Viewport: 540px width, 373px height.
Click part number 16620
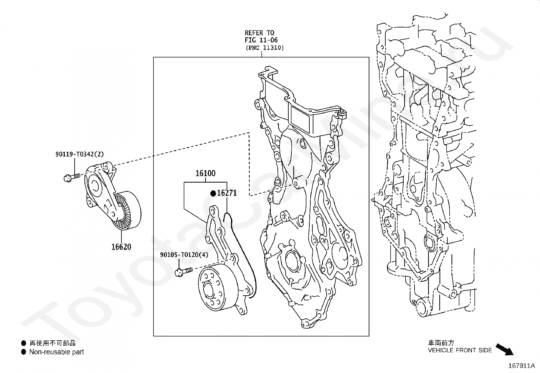coord(121,247)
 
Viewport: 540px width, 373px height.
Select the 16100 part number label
coord(206,173)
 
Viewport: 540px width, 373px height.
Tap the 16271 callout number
coord(227,193)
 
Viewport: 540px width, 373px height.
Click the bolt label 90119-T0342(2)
coord(80,154)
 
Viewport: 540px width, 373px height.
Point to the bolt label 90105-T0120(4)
coord(184,255)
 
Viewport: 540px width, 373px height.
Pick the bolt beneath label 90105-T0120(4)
coord(184,272)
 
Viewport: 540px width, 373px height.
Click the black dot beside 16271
coord(213,193)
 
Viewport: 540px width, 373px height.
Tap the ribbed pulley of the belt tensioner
coord(127,211)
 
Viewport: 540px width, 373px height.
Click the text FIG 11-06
coord(261,40)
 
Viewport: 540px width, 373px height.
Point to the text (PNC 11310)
coord(265,48)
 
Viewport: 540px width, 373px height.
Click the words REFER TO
coord(259,33)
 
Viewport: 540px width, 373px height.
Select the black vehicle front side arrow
coord(505,350)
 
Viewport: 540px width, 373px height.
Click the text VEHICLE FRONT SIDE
coord(460,350)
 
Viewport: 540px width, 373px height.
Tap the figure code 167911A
coord(521,366)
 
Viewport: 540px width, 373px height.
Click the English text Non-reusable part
coord(56,352)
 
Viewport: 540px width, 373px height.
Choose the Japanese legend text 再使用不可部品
coord(52,343)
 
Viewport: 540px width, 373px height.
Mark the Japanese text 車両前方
coord(441,342)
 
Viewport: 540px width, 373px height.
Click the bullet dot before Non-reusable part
coord(24,352)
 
